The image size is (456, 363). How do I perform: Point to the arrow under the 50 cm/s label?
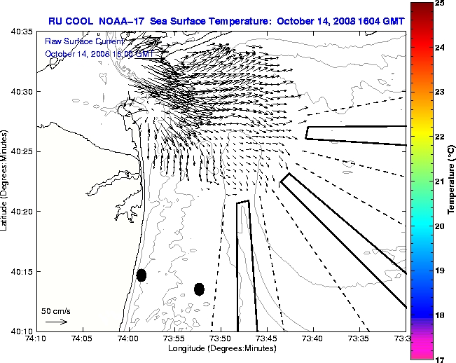[x=56, y=322]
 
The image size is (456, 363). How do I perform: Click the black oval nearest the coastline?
[x=141, y=275]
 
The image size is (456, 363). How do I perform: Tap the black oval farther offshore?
[x=199, y=289]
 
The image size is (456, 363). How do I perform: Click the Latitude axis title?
[x=6, y=181]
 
